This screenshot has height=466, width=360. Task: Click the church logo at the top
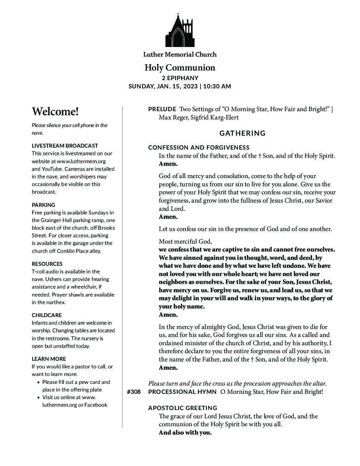(180, 30)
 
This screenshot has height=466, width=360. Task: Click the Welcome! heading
(55, 112)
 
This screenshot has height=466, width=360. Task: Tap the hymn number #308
(134, 392)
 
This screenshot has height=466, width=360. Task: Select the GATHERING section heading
(243, 133)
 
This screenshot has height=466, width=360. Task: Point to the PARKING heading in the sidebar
(43, 205)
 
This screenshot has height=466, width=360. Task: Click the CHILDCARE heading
(47, 315)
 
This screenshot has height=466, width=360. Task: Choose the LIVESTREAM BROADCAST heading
(65, 146)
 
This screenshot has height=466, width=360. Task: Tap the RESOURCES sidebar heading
(47, 264)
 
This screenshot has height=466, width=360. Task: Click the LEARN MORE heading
(49, 359)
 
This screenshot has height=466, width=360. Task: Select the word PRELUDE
(162, 109)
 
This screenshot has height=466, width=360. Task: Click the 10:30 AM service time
(217, 86)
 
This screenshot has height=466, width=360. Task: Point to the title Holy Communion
(180, 68)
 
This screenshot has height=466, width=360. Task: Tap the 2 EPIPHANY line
(180, 78)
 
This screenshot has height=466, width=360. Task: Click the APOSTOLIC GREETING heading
(183, 408)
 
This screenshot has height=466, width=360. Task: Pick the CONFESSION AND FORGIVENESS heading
(199, 148)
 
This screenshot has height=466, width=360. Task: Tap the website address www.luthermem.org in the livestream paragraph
(81, 161)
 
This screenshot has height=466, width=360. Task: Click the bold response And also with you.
(185, 433)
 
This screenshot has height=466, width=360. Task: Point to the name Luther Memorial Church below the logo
(180, 54)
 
